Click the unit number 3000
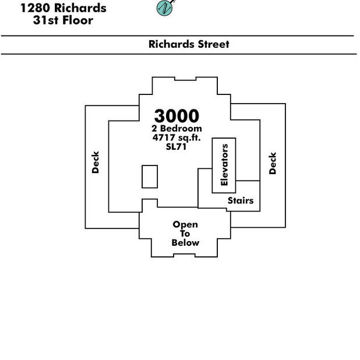point(177,116)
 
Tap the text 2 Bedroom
point(177,128)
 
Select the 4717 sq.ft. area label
point(177,137)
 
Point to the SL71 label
point(176,146)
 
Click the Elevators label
point(224,165)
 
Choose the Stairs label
point(241,200)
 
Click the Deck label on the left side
point(96,162)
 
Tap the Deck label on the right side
point(273,163)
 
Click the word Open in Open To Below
point(185,224)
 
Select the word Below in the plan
point(185,243)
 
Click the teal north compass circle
point(164,8)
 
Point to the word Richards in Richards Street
point(171,44)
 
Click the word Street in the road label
point(214,44)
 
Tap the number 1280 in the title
point(35,8)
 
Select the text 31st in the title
point(45,20)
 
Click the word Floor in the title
point(77,20)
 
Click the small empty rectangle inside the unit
point(150,177)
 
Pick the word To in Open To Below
point(185,234)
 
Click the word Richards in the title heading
point(80,8)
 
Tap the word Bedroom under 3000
point(181,128)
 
